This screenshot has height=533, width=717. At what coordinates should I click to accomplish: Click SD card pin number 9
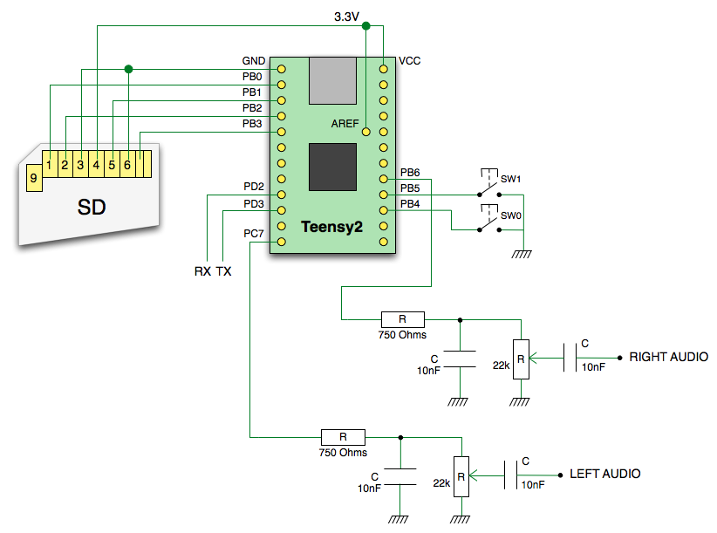point(34,178)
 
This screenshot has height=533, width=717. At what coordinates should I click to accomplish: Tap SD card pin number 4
point(97,164)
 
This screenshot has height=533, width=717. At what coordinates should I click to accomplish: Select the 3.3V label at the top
point(346,17)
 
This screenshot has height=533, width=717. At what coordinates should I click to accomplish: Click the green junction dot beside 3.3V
point(365,26)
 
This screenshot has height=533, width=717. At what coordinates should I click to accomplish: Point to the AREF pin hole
point(365,132)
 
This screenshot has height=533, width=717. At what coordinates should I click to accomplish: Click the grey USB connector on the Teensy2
point(333,81)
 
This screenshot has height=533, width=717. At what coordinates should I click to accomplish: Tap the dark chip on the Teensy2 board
point(332,167)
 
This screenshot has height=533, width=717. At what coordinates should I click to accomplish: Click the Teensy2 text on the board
point(331,227)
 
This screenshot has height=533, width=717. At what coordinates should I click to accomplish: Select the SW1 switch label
point(511,179)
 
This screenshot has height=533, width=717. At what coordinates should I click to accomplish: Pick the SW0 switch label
point(511,215)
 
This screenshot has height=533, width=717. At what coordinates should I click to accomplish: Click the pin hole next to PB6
point(384,179)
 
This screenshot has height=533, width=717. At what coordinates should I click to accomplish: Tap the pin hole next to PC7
point(282,242)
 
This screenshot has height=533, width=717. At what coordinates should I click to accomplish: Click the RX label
point(202,271)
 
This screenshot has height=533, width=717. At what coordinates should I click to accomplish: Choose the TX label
point(223,271)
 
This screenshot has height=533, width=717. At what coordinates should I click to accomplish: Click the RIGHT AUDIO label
point(668,357)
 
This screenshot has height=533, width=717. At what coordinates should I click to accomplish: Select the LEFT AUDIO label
point(605,474)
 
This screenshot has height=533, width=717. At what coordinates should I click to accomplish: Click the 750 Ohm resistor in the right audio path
point(402,319)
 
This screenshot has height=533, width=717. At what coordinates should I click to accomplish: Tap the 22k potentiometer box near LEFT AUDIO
point(461,477)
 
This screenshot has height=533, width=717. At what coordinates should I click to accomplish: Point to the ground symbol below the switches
point(522,254)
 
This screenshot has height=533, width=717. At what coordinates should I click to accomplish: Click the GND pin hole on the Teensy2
point(282,69)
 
